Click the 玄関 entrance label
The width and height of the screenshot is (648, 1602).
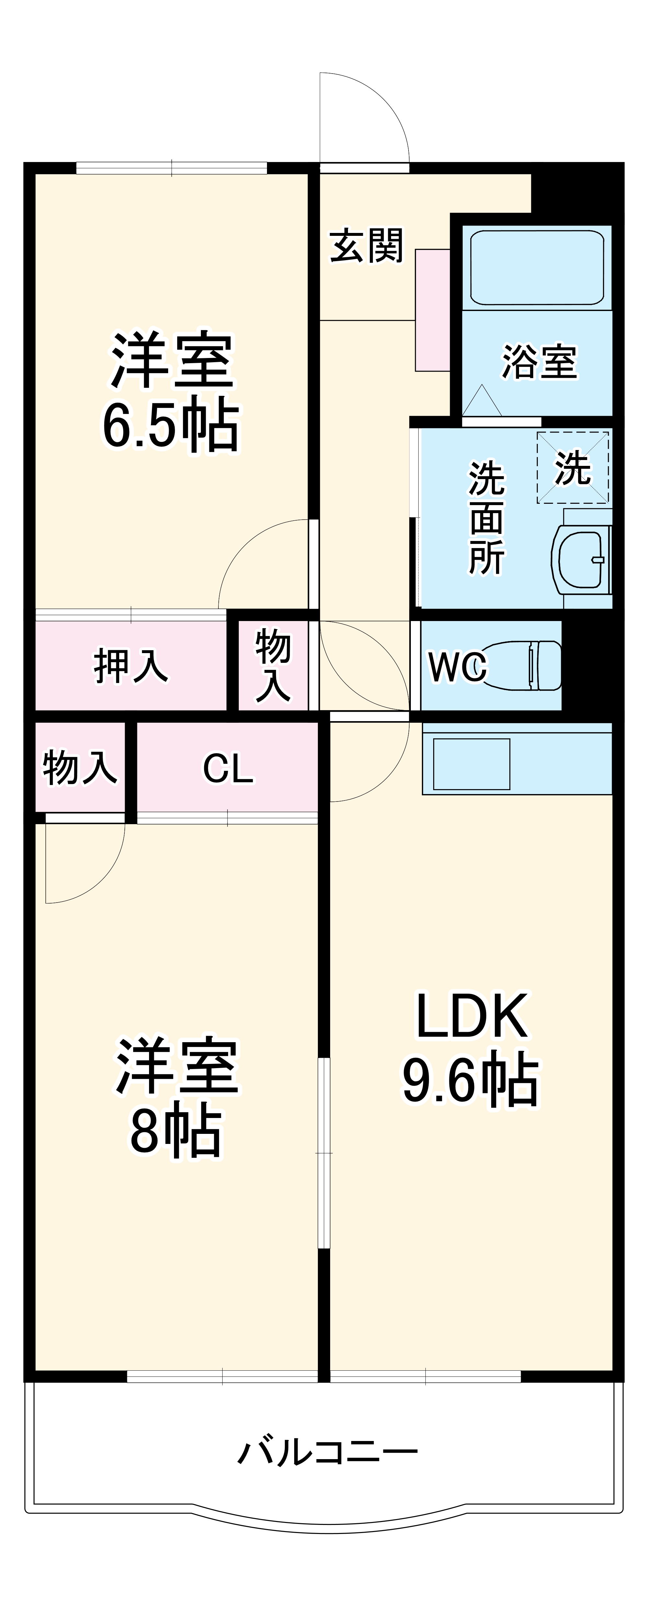click(366, 246)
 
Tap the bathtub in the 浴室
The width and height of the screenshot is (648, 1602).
click(537, 267)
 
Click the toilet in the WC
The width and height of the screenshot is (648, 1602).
click(528, 665)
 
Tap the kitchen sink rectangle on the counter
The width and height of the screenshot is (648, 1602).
click(471, 764)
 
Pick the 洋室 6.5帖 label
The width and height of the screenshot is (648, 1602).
click(171, 393)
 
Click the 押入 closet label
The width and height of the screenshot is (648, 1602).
click(131, 665)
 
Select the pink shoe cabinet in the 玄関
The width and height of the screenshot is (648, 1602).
click(432, 310)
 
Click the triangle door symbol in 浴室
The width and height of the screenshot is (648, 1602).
click(482, 401)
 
